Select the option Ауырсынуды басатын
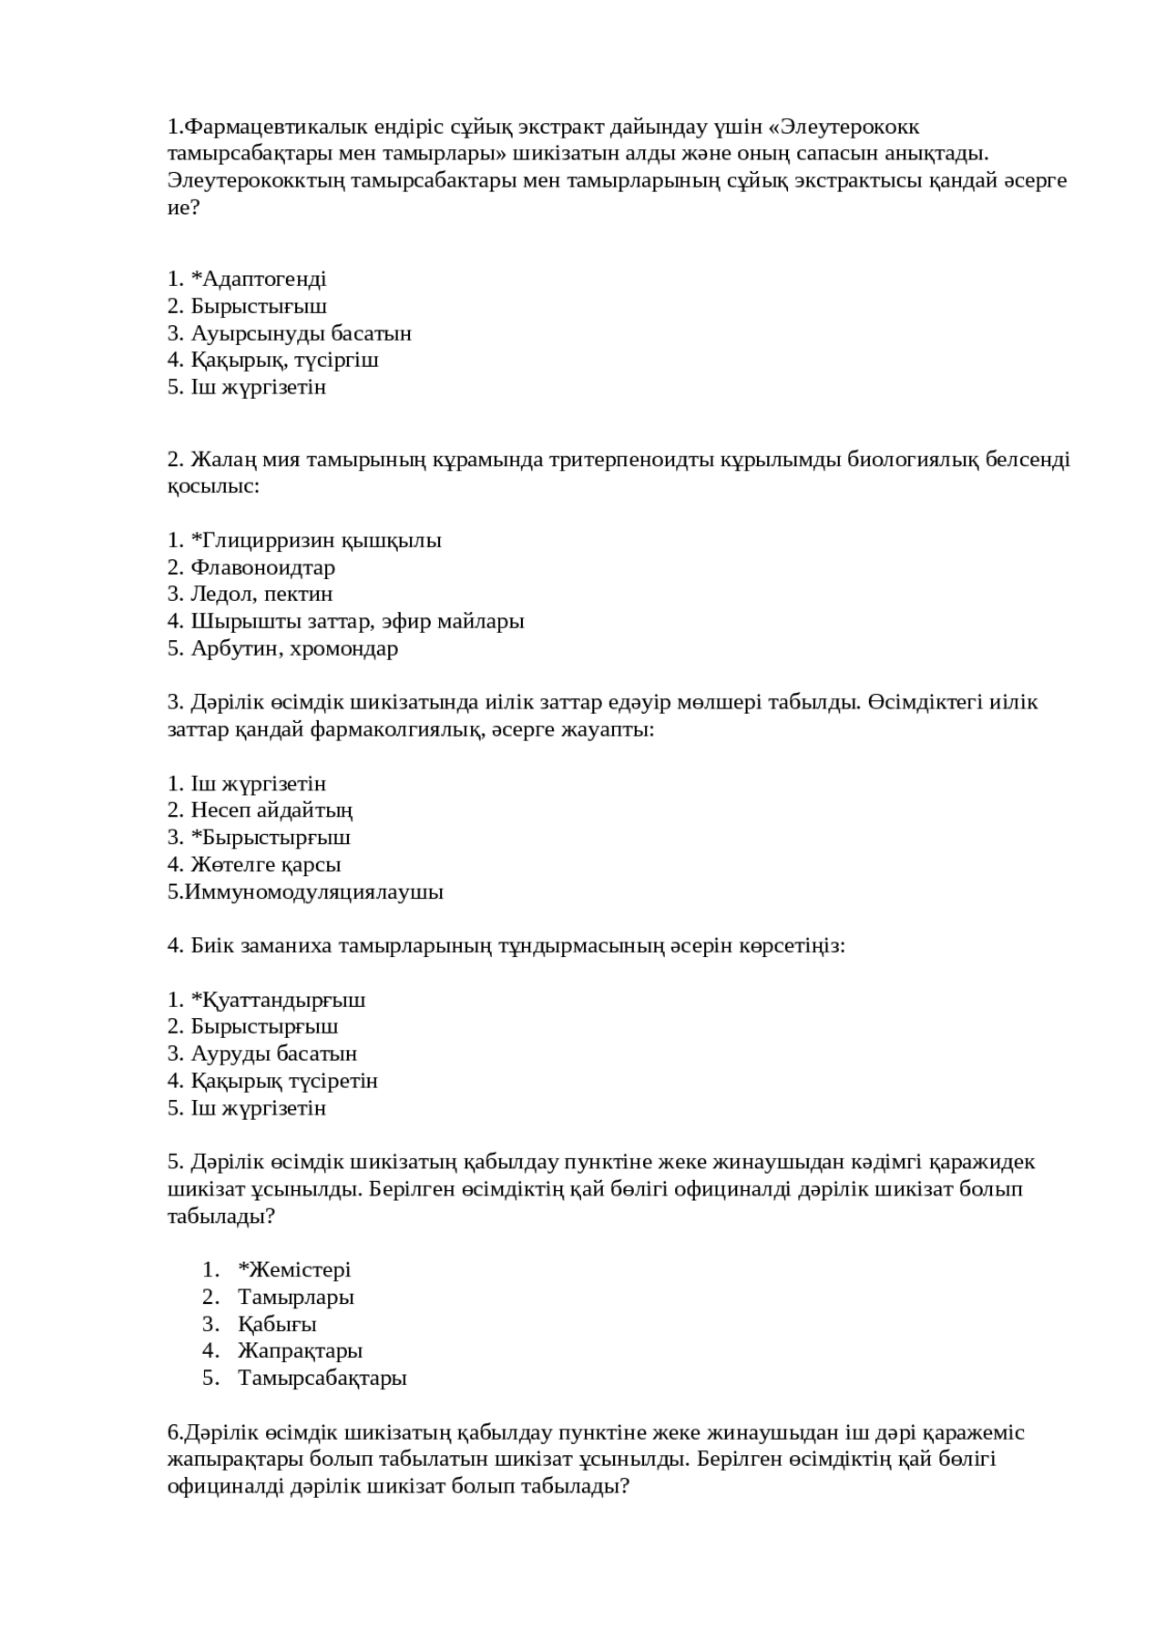(x=301, y=333)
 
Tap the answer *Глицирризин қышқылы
(x=315, y=541)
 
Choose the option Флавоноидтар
(x=262, y=568)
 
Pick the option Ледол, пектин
(x=261, y=595)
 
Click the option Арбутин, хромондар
(x=294, y=649)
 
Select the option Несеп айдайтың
(x=271, y=810)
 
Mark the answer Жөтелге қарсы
(x=265, y=865)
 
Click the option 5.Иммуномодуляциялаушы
(x=305, y=892)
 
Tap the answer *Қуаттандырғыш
(x=278, y=1001)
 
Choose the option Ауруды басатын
(x=273, y=1054)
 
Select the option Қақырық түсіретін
(x=283, y=1082)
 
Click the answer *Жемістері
(x=294, y=1270)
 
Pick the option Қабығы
(x=277, y=1325)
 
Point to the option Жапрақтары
(x=300, y=1351)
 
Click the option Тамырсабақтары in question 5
(x=322, y=1379)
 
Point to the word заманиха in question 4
(x=287, y=946)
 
